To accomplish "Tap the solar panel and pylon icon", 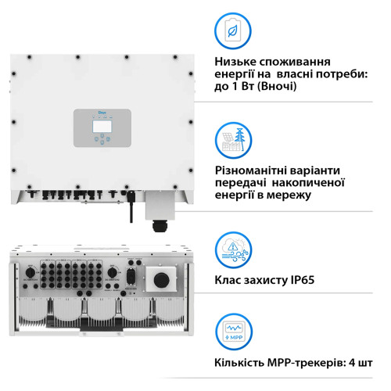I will click(x=234, y=141).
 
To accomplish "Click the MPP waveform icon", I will click(x=234, y=332).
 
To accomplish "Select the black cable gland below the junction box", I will click(x=165, y=228).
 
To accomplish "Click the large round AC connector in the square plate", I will click(x=163, y=278).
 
